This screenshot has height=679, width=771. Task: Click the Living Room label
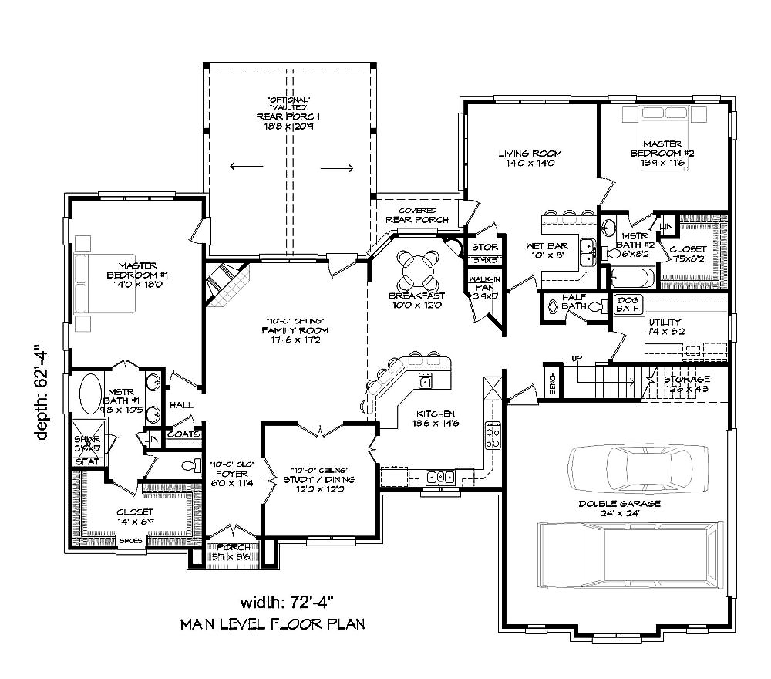(x=529, y=158)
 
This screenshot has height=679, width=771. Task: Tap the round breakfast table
(x=416, y=270)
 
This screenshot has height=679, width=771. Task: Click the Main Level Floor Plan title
(x=272, y=623)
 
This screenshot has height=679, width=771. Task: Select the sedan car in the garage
(x=631, y=468)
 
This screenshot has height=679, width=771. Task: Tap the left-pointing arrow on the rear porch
(x=246, y=166)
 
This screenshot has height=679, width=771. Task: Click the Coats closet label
(x=185, y=434)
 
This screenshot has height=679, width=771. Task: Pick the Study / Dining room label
(x=322, y=475)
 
